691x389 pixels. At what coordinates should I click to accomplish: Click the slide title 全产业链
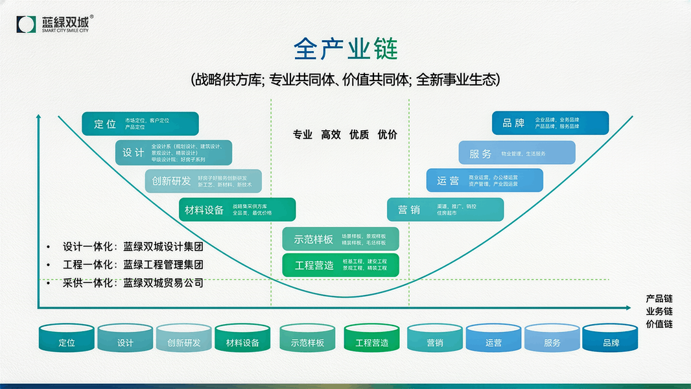tap(345, 49)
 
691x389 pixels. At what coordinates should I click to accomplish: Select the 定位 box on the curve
tap(140, 123)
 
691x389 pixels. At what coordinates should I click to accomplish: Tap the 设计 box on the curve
tap(173, 152)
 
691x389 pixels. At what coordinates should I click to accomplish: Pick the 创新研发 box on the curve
tap(203, 181)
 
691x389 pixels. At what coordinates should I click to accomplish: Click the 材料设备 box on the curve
tap(237, 209)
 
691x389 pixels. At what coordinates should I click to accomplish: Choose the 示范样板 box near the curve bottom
tap(340, 239)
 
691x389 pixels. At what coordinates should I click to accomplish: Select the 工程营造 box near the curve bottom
tap(340, 265)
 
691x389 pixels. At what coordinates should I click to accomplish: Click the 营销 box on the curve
tap(445, 209)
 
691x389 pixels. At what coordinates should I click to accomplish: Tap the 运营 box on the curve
tap(484, 180)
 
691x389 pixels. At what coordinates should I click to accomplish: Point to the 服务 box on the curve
tap(517, 153)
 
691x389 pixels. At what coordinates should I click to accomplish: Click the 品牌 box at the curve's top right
tap(550, 123)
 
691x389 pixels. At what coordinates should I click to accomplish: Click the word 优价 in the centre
tap(388, 135)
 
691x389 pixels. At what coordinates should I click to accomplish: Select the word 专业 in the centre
tap(302, 135)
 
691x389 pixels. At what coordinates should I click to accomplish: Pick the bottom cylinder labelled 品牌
tap(611, 338)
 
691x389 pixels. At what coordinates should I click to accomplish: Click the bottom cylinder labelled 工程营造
tap(371, 338)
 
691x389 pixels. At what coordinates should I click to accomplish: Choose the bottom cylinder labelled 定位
tap(66, 338)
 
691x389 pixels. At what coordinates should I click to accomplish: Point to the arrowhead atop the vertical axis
tap(40, 118)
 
